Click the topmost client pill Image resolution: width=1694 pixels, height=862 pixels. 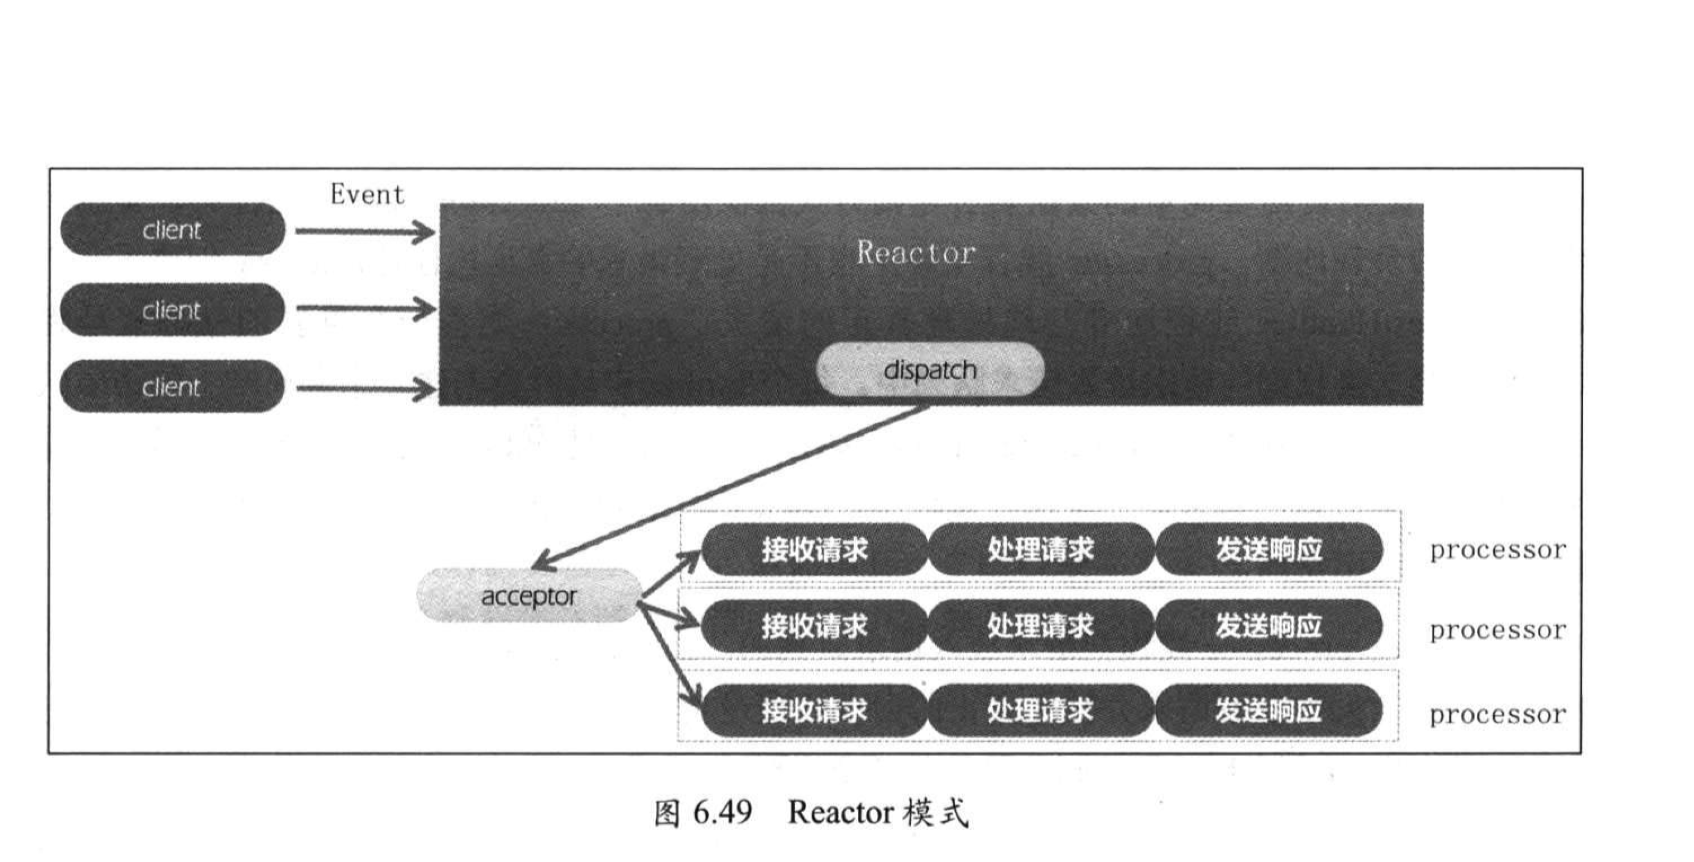coord(172,230)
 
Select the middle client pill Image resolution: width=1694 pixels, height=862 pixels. coord(172,310)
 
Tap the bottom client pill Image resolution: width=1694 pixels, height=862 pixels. coord(172,387)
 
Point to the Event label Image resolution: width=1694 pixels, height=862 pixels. coord(367,194)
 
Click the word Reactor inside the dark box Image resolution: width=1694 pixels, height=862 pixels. coord(915,253)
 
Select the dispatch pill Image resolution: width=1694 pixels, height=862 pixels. coord(930,370)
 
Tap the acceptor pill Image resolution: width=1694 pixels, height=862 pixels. coord(528,596)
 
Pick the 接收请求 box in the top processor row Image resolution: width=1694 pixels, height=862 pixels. coord(814,549)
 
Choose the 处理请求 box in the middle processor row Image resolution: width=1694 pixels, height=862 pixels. coord(1040,627)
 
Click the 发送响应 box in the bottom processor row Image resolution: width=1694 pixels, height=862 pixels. coord(1268,711)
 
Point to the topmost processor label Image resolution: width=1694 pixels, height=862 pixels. coord(1497,550)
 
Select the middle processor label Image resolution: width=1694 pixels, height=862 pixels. coord(1497,630)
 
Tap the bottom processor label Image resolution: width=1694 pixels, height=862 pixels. coord(1497,715)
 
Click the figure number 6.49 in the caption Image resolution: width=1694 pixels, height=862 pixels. coord(722,812)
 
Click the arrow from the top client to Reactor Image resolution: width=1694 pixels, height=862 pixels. coord(365,232)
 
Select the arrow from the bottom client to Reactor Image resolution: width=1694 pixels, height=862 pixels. coord(365,389)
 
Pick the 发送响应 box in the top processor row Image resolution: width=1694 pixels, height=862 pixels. coord(1268,549)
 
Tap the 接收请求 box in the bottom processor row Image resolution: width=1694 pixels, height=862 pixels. coord(814,711)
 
